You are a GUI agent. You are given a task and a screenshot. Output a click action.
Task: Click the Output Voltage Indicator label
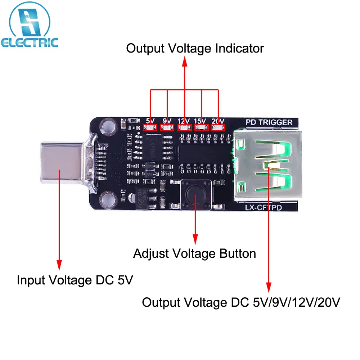[x=195, y=48]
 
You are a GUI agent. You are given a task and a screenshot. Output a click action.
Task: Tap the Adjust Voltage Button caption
[x=194, y=253]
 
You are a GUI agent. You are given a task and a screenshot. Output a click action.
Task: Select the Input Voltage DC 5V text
[x=75, y=280]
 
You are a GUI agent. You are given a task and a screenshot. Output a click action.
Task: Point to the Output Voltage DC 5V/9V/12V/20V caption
[x=241, y=302]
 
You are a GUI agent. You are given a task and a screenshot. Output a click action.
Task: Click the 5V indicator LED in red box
[x=150, y=127]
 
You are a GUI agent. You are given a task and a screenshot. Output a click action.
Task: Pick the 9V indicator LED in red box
[x=167, y=127]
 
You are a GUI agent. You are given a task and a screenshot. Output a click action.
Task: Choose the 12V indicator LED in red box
[x=184, y=127]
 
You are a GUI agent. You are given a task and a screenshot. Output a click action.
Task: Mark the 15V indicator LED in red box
[x=202, y=127]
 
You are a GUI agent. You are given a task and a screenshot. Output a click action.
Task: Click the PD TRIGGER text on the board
[x=269, y=122]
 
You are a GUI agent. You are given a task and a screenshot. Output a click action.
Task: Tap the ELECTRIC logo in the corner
[x=30, y=27]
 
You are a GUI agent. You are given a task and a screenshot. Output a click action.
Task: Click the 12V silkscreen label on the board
[x=184, y=121]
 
